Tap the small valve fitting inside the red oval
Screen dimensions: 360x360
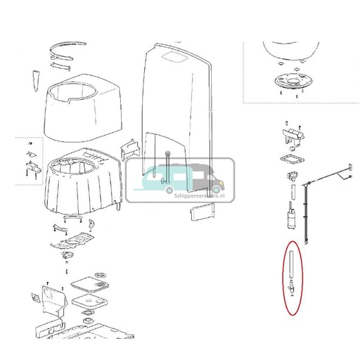pyautogui.click(x=290, y=286)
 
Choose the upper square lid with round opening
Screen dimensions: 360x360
pyautogui.click(x=89, y=287)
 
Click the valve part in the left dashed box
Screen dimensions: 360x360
pyautogui.click(x=32, y=168)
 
